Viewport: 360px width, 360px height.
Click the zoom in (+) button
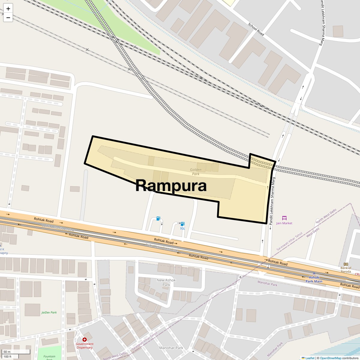[8, 8]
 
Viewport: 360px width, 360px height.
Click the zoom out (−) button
[8, 17]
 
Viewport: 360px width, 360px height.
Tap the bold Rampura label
[171, 185]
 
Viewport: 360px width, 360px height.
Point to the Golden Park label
[196, 172]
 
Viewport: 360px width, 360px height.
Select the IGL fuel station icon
[182, 224]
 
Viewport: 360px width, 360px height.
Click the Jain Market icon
[284, 218]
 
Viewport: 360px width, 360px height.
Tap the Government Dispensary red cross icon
[85, 340]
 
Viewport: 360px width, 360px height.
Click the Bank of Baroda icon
[346, 264]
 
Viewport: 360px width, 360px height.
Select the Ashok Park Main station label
[314, 279]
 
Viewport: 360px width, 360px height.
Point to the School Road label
[256, 29]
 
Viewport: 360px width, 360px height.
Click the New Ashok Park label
[166, 282]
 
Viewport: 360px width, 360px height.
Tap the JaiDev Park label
[49, 312]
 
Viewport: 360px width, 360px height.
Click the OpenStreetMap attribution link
[330, 358]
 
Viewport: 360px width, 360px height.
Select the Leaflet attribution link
[310, 358]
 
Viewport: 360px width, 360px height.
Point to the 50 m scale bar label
[7, 352]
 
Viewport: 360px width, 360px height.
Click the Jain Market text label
[284, 223]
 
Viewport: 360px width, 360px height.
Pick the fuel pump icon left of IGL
[158, 218]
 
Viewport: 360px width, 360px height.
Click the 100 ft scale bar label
[7, 356]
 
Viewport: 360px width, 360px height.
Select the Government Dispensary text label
[85, 346]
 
